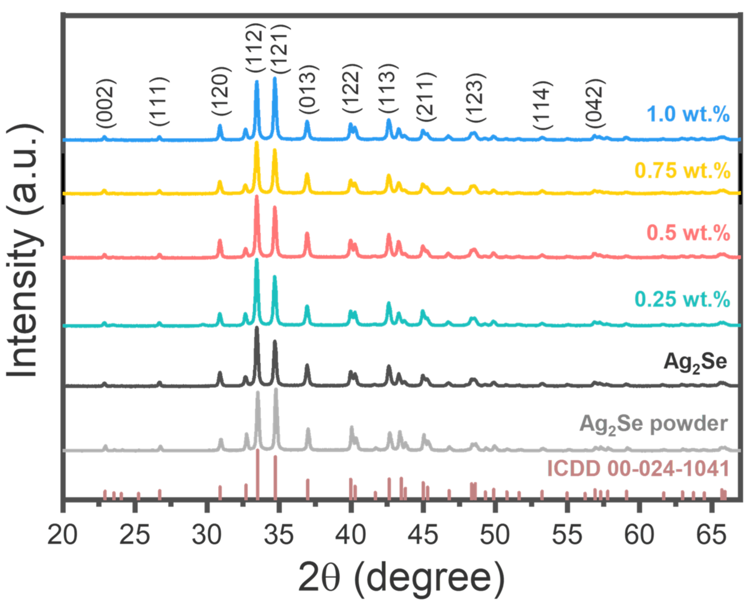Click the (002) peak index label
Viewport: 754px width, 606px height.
tap(105, 105)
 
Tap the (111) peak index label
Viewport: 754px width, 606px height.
tap(160, 102)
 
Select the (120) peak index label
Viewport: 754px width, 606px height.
tap(222, 91)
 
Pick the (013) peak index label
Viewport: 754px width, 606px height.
tap(309, 90)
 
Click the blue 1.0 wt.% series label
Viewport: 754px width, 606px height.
tap(688, 114)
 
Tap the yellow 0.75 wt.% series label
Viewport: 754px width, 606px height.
tap(682, 171)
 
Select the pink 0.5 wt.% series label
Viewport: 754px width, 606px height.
tap(688, 233)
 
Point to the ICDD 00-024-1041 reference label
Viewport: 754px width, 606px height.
tap(638, 469)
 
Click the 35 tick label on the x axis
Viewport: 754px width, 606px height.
tap(279, 535)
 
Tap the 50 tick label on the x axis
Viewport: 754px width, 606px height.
tap(495, 535)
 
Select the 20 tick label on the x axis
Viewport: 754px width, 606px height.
tap(62, 535)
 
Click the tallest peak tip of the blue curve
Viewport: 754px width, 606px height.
tap(275, 79)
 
